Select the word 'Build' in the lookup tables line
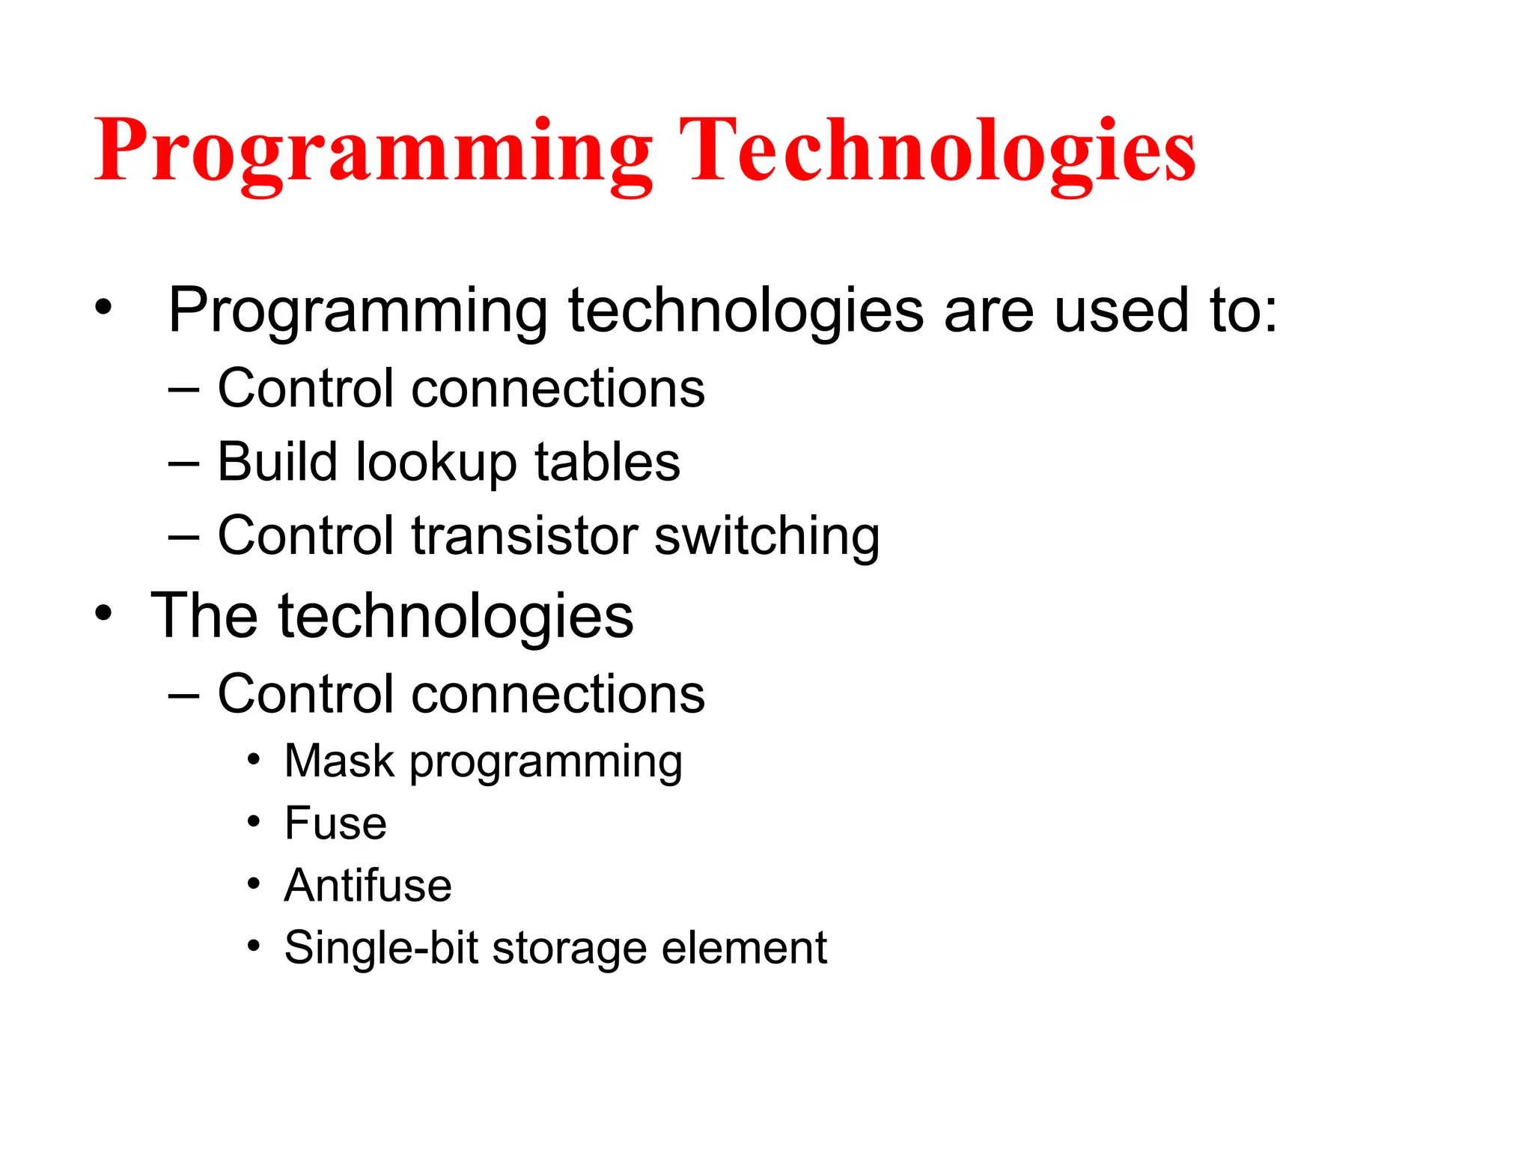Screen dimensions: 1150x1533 click(276, 462)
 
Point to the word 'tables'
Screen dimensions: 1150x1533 click(607, 462)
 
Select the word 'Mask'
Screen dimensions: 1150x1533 click(339, 761)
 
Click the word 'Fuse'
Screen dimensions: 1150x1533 click(335, 823)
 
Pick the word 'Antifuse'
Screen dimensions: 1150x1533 click(368, 885)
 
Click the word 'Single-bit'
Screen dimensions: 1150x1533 click(380, 948)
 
